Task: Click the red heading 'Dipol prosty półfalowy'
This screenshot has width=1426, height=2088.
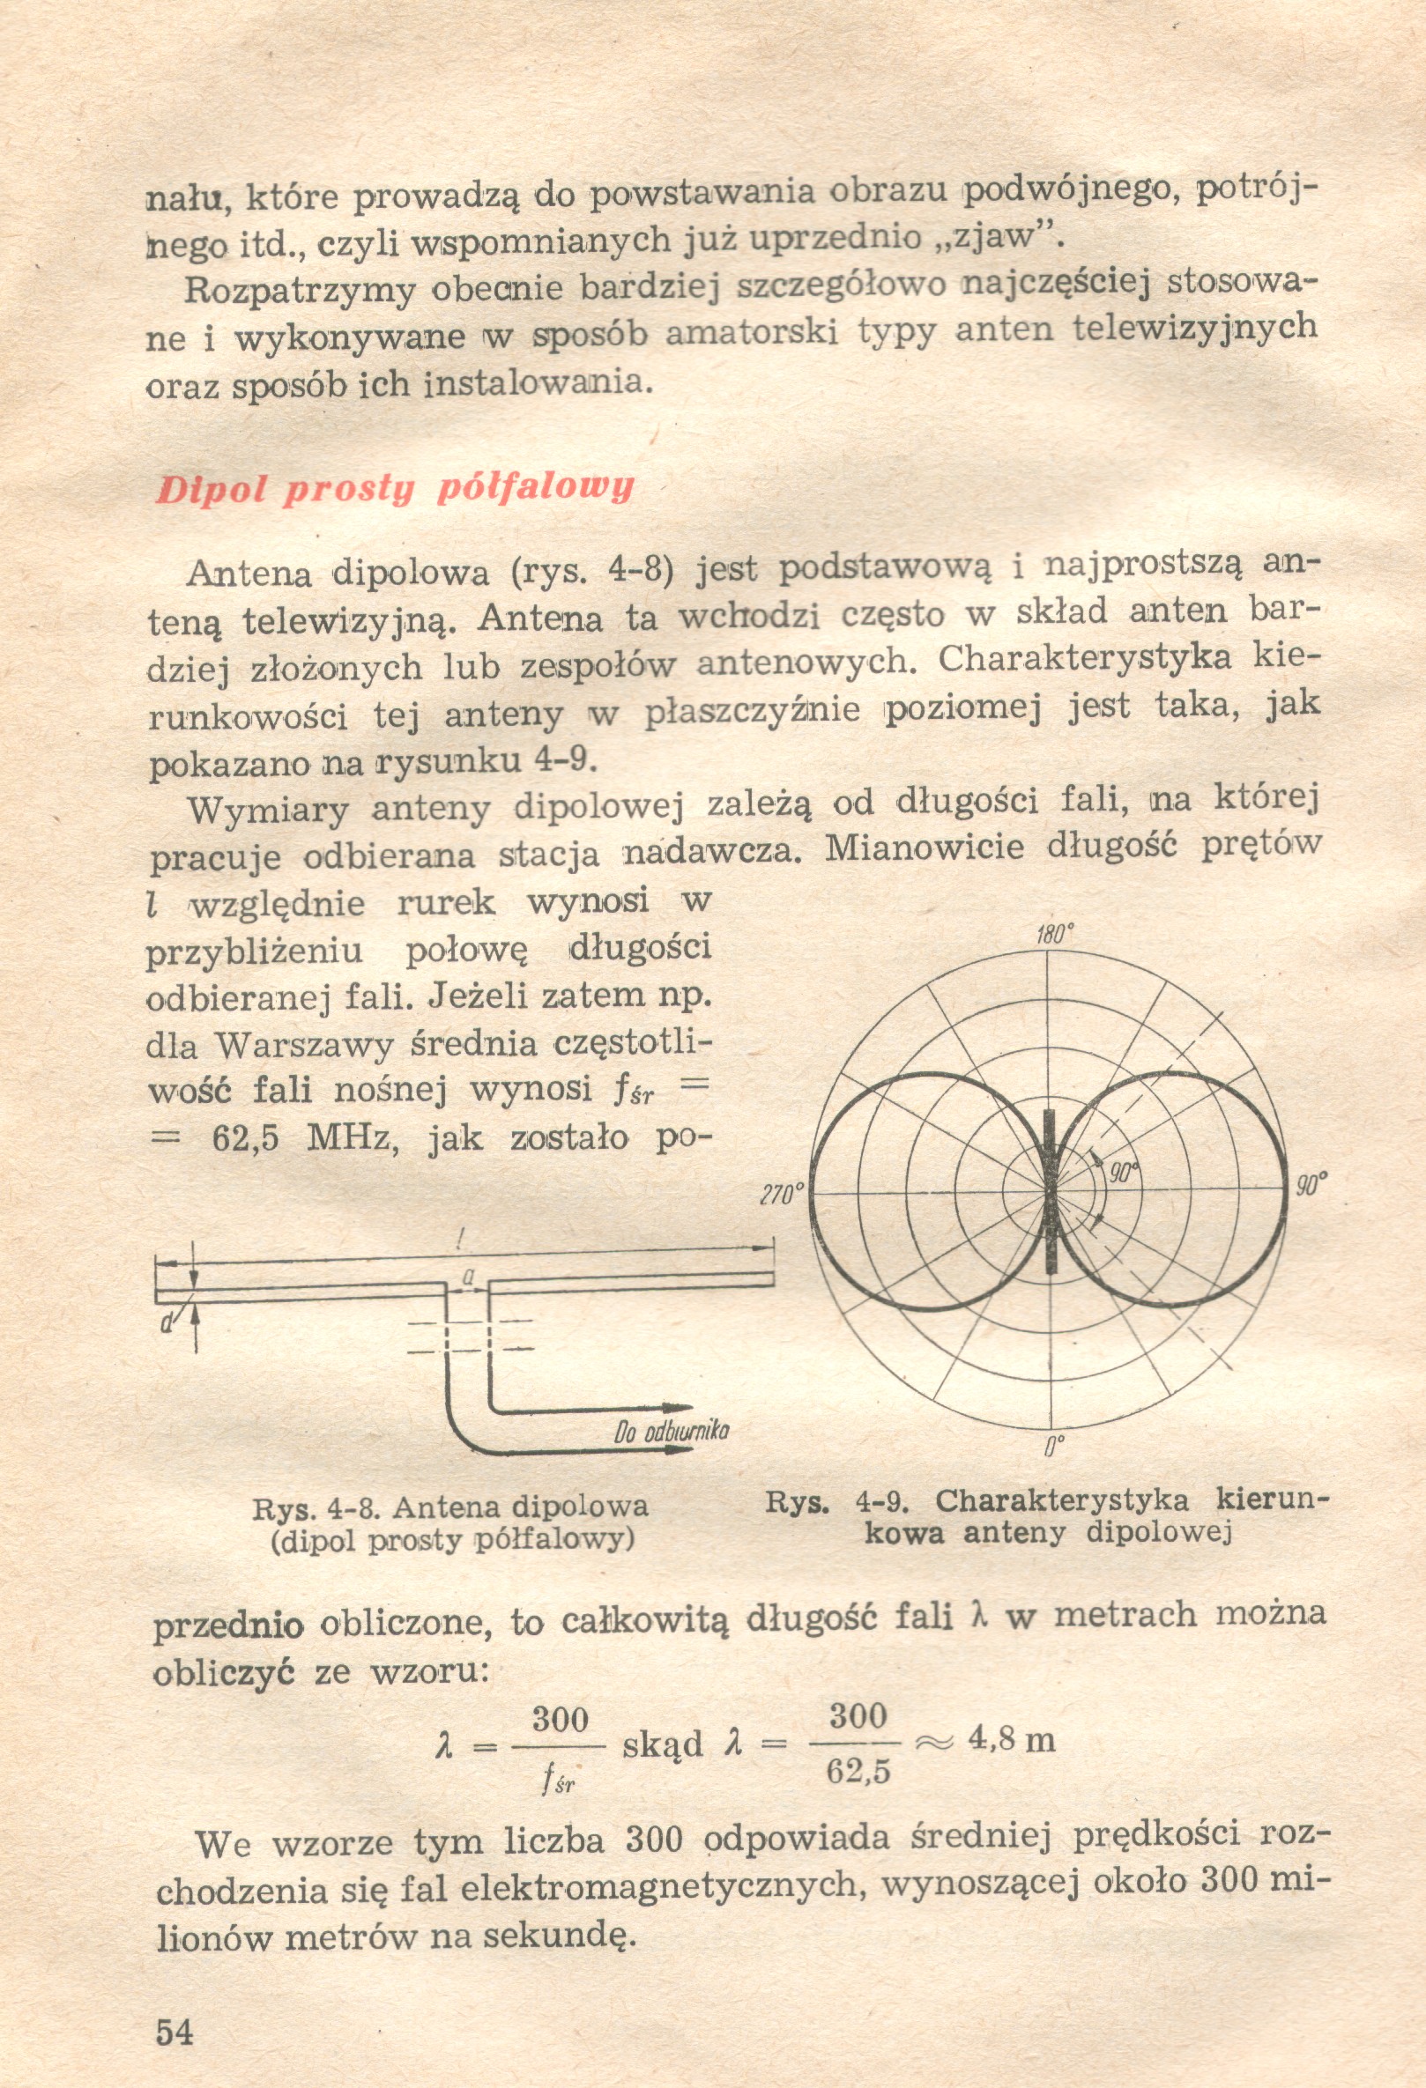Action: [x=395, y=489]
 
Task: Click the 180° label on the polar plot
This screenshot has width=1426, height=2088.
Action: [x=1055, y=935]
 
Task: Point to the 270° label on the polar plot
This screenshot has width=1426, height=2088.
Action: [x=779, y=1195]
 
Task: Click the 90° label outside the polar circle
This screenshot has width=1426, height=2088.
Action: [x=1311, y=1185]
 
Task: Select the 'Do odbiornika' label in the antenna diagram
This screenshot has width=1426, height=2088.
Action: [x=672, y=1432]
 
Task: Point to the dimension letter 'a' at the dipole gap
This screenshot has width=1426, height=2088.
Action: [x=467, y=1276]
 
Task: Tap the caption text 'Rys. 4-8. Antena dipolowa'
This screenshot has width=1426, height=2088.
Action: [x=450, y=1506]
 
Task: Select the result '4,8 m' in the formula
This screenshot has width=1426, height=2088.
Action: [x=1011, y=1740]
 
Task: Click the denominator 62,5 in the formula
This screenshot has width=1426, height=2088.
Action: [x=858, y=1772]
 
